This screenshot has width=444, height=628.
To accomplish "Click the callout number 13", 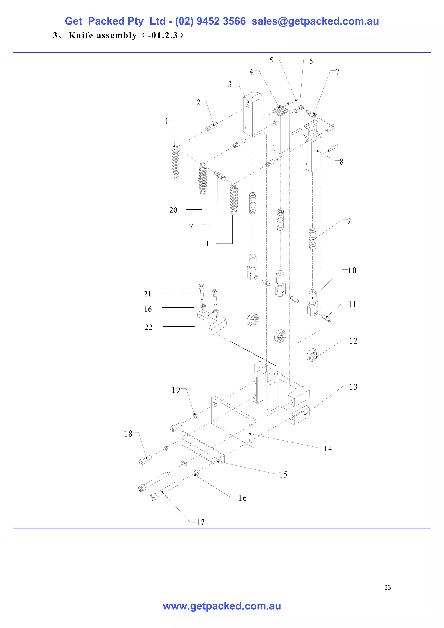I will point(353,387).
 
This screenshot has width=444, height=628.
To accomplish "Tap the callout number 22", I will point(149,327).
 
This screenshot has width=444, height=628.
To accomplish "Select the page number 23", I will point(387,587).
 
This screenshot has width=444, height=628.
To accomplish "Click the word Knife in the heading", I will point(81,35).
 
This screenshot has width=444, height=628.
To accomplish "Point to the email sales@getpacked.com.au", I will point(315,21).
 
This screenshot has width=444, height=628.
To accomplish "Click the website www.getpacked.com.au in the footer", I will point(222,606).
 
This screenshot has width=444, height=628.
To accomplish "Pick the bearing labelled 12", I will point(313,355).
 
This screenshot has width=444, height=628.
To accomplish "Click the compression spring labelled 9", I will point(312,239).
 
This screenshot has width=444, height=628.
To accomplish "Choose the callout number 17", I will point(200,522).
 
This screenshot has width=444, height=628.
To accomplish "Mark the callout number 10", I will point(352,271).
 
